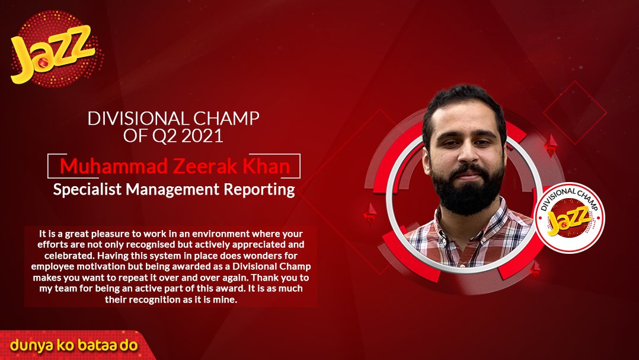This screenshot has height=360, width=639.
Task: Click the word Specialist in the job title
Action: [x=88, y=190]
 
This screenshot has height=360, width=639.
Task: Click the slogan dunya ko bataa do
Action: [x=74, y=345]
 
